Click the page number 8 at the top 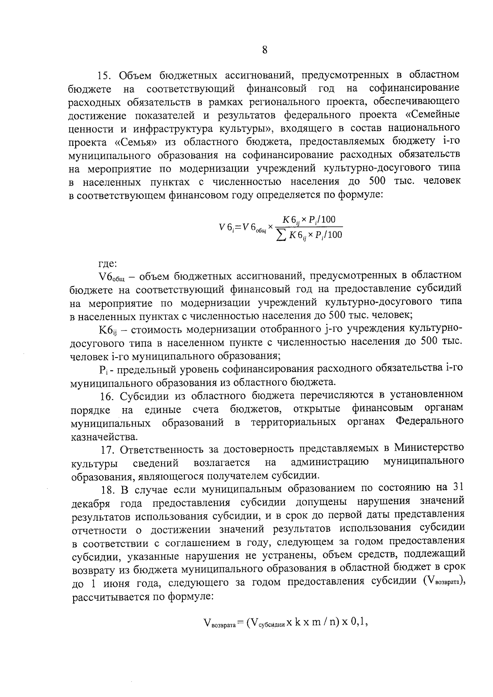(265, 50)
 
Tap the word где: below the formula (108, 263)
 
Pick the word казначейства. (104, 436)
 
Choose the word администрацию (329, 462)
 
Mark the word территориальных (293, 422)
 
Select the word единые (163, 409)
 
